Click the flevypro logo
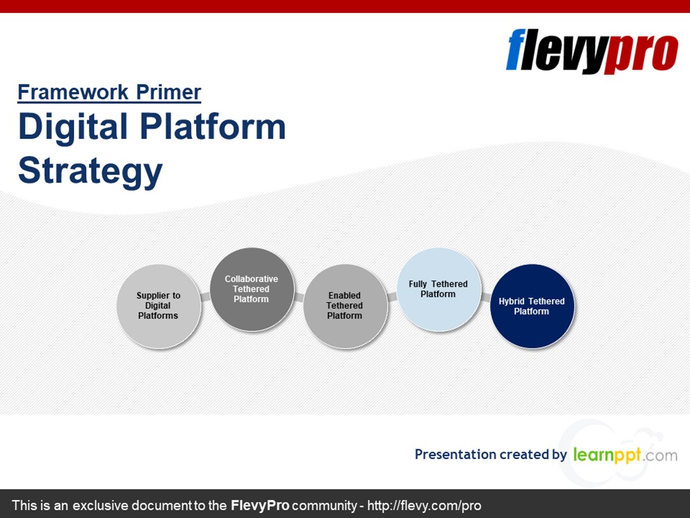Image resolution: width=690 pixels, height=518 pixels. pyautogui.click(x=592, y=51)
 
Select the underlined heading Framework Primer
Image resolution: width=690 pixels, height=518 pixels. pyautogui.click(x=109, y=93)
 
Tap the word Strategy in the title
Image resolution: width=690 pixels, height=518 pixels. pyautogui.click(x=90, y=170)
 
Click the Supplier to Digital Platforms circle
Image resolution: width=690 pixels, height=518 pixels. pyautogui.click(x=158, y=306)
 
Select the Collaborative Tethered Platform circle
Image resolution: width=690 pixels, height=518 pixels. pyautogui.click(x=251, y=290)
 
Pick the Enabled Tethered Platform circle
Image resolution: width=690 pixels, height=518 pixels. pyautogui.click(x=344, y=306)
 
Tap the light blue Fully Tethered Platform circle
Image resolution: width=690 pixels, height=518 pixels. pyautogui.click(x=438, y=290)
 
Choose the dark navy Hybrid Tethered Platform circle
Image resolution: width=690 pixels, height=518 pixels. pyautogui.click(x=532, y=306)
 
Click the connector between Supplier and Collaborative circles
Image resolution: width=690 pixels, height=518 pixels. pyautogui.click(x=205, y=297)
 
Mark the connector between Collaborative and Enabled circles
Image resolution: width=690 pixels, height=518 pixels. pyautogui.click(x=298, y=297)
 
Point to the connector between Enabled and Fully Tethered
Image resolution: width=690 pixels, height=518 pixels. pyautogui.click(x=392, y=297)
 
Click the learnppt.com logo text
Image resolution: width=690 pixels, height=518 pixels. pyautogui.click(x=624, y=455)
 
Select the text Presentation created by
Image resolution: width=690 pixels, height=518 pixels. pyautogui.click(x=490, y=455)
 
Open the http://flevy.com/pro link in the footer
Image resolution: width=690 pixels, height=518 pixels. pyautogui.click(x=424, y=505)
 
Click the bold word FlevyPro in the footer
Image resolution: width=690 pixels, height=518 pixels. pyautogui.click(x=259, y=505)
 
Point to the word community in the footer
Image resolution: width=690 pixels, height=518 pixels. pyautogui.click(x=324, y=505)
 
